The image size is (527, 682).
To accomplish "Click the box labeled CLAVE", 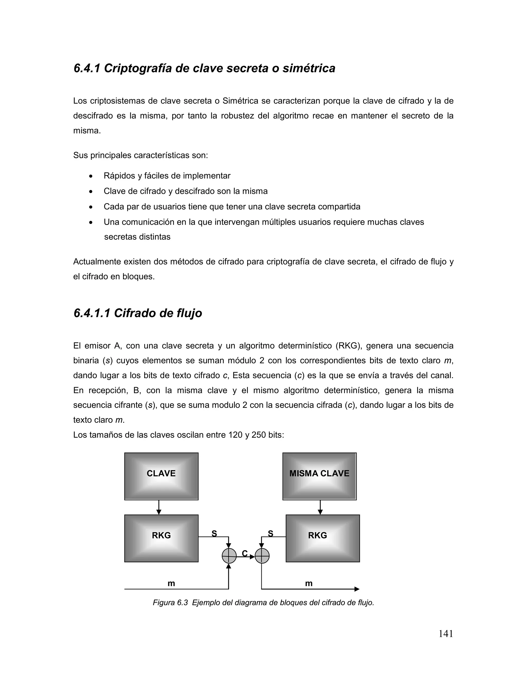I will coord(161,476).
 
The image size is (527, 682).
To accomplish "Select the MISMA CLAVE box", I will coord(319,476).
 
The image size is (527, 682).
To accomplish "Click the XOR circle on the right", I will coord(262,556).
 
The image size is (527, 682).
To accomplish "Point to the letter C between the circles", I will coord(245,553).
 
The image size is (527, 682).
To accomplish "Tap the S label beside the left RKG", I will coord(214,534).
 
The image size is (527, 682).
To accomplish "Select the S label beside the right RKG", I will coord(270,534).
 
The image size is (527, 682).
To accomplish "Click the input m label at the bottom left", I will coord(171,583).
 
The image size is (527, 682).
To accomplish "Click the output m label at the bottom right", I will coord(309,583).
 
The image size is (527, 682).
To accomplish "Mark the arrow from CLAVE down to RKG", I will coord(159,508).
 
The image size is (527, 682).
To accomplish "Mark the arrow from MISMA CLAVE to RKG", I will coord(320,508).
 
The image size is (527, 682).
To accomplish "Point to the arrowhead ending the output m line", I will coord(357,589).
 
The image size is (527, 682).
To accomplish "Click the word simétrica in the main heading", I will coord(309,68).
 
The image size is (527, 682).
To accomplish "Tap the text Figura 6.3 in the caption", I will coord(170,603).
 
